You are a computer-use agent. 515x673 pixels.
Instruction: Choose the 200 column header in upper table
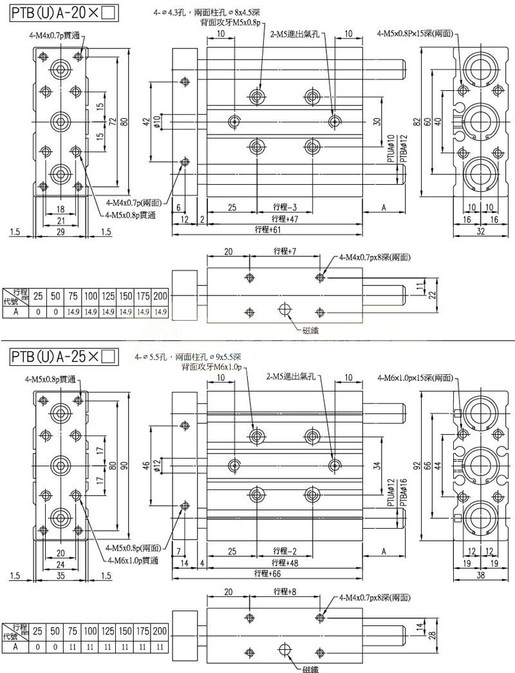[161, 296]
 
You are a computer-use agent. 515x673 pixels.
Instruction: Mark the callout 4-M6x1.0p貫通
[133, 559]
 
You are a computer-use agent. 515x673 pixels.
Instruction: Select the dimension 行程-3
[285, 207]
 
